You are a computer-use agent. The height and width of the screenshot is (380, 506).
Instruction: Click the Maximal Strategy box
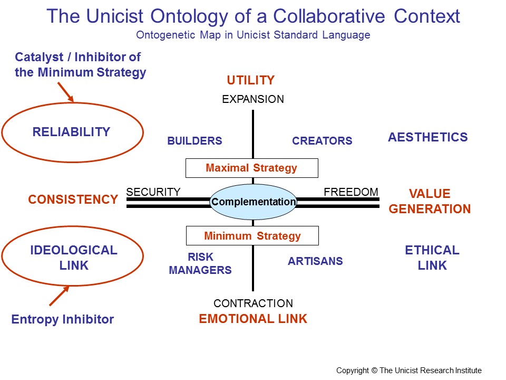252,168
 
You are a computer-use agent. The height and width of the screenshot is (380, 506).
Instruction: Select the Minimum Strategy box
252,236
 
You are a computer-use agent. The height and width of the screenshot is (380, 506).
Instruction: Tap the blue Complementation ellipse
254,202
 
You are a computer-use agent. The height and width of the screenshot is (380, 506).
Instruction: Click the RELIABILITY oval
72,132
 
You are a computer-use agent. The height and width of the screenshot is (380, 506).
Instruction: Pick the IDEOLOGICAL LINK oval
72,258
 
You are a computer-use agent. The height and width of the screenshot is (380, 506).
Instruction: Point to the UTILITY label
251,80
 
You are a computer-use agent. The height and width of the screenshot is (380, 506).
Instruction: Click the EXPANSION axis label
253,99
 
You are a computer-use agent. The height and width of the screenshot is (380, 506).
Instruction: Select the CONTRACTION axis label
253,303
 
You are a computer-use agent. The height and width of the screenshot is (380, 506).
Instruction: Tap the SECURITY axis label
153,192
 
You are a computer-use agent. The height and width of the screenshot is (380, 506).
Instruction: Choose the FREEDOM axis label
351,192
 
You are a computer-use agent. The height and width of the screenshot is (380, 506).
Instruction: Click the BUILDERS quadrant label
194,141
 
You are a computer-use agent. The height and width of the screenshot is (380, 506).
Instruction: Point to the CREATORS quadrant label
322,141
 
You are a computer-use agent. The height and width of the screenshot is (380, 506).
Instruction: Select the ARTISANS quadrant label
315,261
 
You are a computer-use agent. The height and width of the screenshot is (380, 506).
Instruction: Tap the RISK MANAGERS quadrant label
200,264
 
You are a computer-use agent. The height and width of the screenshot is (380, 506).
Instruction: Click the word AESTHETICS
427,137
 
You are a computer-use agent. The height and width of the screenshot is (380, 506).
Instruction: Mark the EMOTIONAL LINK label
253,319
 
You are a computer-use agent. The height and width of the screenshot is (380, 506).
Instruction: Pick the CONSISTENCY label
73,199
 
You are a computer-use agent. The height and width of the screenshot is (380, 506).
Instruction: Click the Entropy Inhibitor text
63,319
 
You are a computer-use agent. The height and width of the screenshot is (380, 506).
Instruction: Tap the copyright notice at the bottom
409,370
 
